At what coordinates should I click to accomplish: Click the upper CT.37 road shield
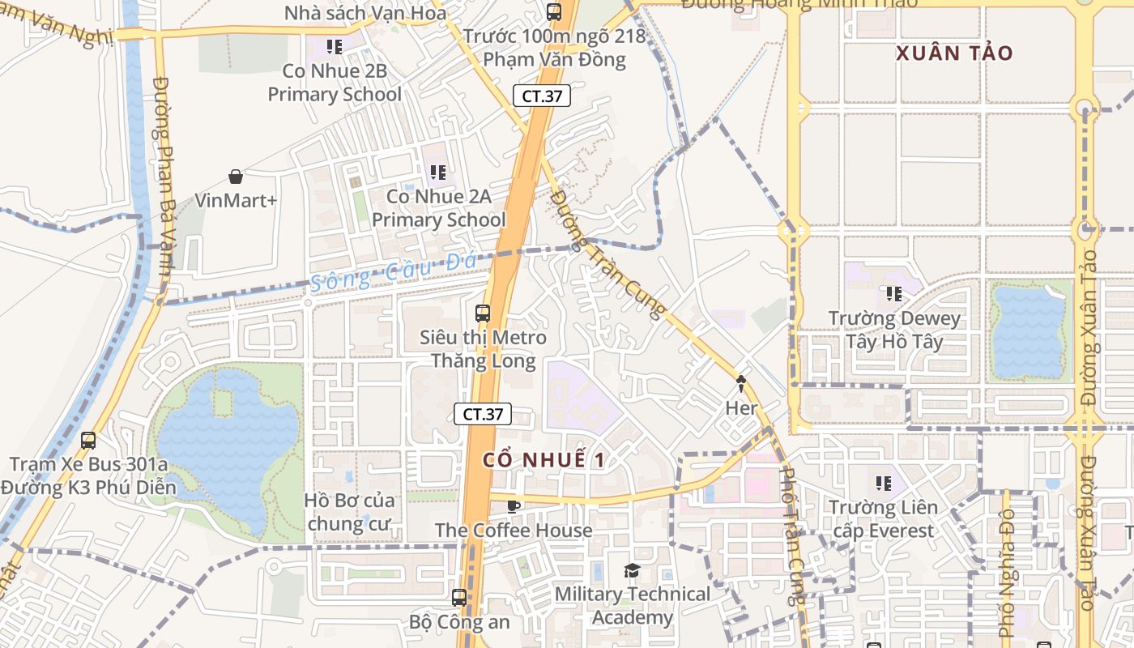coord(542,96)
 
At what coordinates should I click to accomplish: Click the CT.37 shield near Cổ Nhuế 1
coord(483,414)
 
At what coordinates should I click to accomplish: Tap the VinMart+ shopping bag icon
coord(236,177)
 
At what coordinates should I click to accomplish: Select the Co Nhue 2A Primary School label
coord(438,208)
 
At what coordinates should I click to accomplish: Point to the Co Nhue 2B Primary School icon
coord(334,47)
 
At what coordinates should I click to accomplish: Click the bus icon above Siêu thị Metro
coord(483,313)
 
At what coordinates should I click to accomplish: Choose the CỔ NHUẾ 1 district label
coord(544,460)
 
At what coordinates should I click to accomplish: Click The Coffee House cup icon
coord(513,506)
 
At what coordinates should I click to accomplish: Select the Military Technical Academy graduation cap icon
coord(632,571)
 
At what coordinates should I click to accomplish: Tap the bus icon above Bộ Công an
coord(459,598)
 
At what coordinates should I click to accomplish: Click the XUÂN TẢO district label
coord(954,53)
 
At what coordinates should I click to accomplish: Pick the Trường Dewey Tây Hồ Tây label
coord(894,330)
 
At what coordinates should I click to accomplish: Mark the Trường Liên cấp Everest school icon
coord(883,484)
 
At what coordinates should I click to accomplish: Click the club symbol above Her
coord(740,383)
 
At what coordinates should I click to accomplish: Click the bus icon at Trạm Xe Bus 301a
coord(88,441)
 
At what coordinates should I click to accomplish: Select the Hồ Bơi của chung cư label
coord(349,512)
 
